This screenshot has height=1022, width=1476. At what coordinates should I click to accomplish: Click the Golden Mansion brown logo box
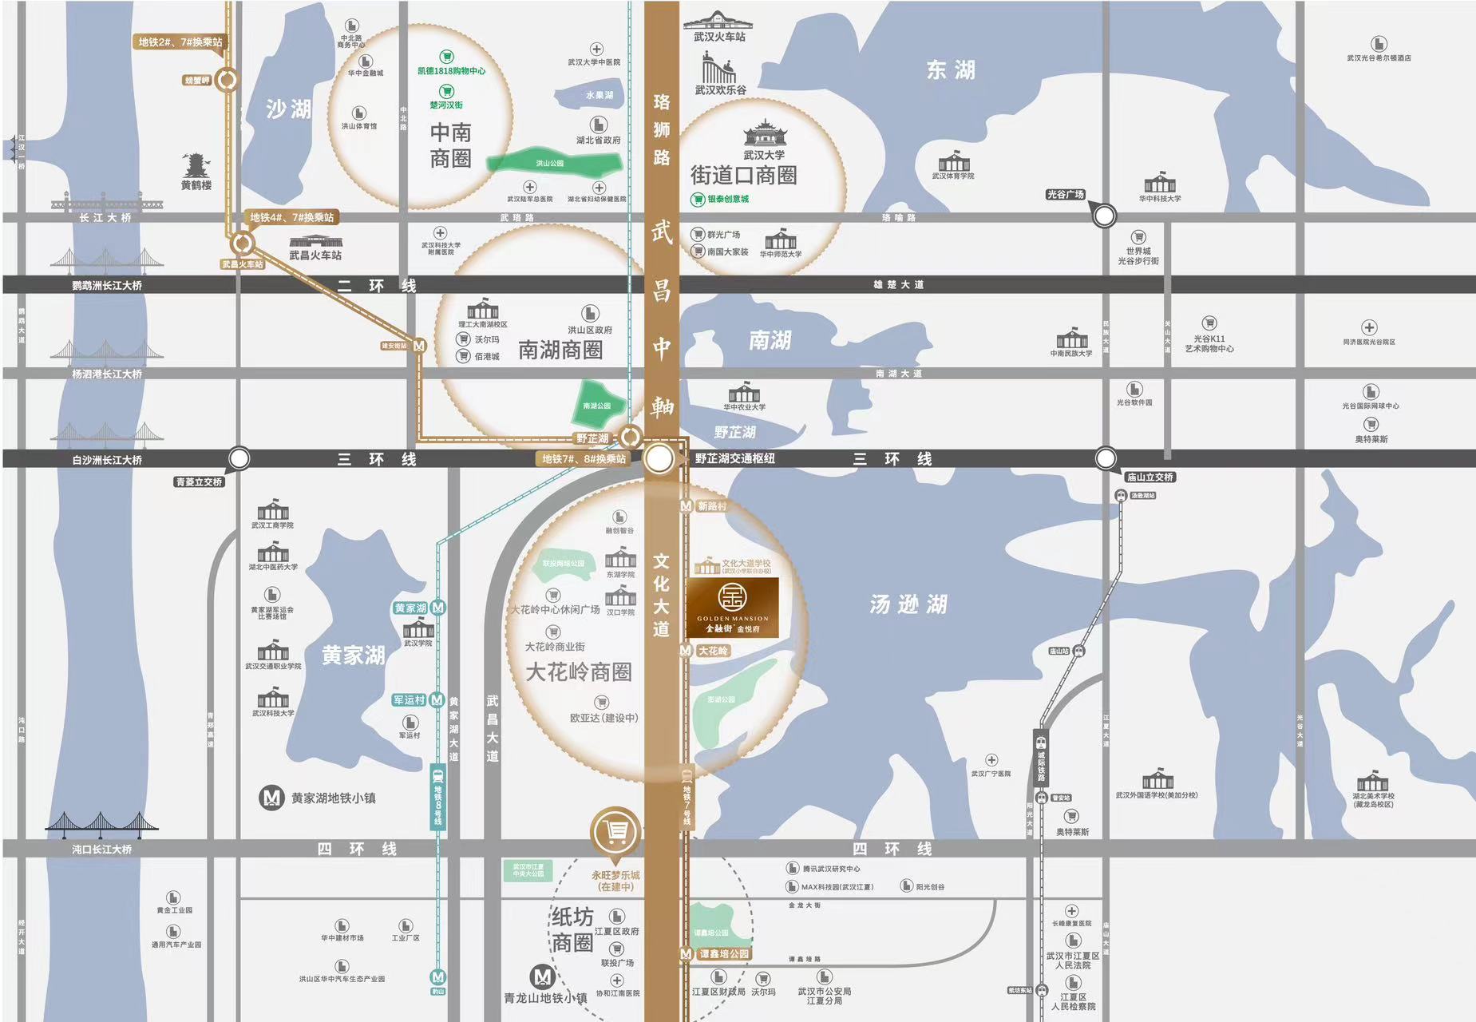(732, 607)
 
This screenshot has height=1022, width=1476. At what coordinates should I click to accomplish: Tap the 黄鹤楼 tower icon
(196, 166)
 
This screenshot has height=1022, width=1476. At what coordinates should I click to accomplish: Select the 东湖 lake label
(950, 70)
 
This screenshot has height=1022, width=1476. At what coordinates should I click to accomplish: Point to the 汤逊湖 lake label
(908, 604)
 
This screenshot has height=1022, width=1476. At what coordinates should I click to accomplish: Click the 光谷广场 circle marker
(1104, 215)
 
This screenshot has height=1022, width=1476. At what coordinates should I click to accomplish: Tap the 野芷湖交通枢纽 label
(734, 458)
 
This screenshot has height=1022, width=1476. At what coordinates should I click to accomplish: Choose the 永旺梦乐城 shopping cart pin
(615, 832)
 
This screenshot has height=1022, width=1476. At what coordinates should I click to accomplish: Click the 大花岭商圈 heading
(578, 671)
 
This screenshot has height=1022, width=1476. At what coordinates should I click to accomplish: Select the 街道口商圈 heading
(743, 175)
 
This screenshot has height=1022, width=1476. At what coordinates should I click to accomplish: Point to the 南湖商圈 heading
(560, 350)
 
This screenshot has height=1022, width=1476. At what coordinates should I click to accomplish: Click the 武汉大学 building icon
(765, 133)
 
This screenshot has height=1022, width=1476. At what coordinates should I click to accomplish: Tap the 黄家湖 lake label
(353, 656)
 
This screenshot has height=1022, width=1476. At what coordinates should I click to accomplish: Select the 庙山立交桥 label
(1150, 477)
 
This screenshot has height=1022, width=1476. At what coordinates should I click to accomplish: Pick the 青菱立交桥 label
(199, 481)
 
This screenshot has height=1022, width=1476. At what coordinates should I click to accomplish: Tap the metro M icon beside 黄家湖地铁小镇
(272, 798)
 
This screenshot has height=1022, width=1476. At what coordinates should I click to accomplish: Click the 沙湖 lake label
(288, 109)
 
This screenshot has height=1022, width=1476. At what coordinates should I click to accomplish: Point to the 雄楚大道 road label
(898, 284)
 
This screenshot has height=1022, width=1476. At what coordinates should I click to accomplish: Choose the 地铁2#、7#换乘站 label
(180, 42)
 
